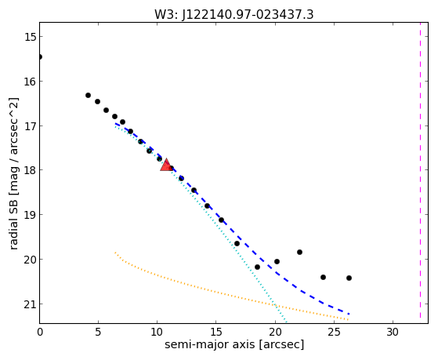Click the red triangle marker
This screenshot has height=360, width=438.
pos(166,165)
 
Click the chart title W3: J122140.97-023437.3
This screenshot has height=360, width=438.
pos(234,15)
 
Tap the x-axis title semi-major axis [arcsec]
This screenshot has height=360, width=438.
pos(234,344)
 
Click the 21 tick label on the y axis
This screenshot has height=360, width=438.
pos(31,304)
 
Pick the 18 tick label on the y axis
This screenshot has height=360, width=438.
pos(31,170)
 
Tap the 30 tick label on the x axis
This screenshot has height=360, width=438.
pos(393,332)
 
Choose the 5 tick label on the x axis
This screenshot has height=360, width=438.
pos(98,332)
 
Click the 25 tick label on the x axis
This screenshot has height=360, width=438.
pos(334,332)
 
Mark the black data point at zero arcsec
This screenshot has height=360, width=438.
pos(40,57)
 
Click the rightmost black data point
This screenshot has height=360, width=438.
pos(349,278)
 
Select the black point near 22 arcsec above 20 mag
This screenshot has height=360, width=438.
pos(300,253)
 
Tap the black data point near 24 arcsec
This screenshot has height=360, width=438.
pos(323,277)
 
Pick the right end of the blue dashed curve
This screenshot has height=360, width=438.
pos(349,315)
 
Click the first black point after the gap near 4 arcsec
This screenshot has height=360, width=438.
pos(88,96)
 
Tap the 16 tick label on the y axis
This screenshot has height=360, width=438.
pos(31,82)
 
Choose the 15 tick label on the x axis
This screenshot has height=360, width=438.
pos(215,332)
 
